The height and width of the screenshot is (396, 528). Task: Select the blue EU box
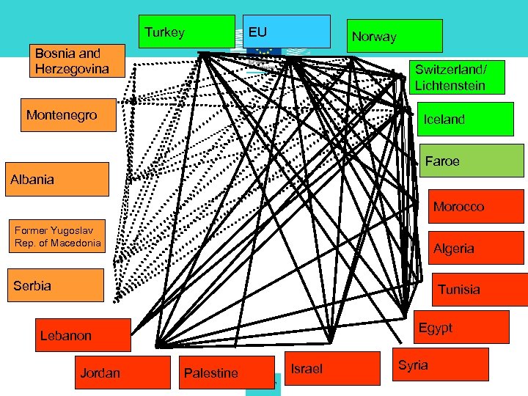[x=286, y=32]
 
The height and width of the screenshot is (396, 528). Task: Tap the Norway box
[x=395, y=36]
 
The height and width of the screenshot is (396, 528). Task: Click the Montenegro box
[x=68, y=115]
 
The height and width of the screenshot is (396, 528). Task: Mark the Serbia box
[x=55, y=285]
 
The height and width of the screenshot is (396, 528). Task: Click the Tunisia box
[x=480, y=289]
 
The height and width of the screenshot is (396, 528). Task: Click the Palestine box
[x=211, y=373]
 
